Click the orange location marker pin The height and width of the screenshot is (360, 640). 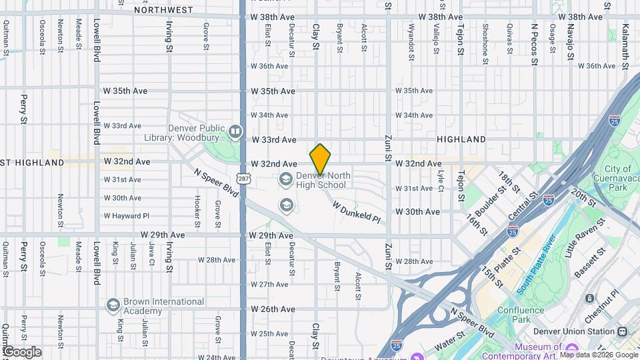(320, 159)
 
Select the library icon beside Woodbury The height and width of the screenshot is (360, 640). (235, 132)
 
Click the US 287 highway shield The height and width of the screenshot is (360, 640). (243, 179)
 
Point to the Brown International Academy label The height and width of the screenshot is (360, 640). (154, 305)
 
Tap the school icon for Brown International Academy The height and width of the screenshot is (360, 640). (113, 305)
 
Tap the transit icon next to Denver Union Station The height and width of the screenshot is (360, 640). (622, 331)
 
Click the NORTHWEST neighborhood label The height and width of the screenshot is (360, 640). (163, 10)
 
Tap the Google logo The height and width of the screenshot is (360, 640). (22, 351)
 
